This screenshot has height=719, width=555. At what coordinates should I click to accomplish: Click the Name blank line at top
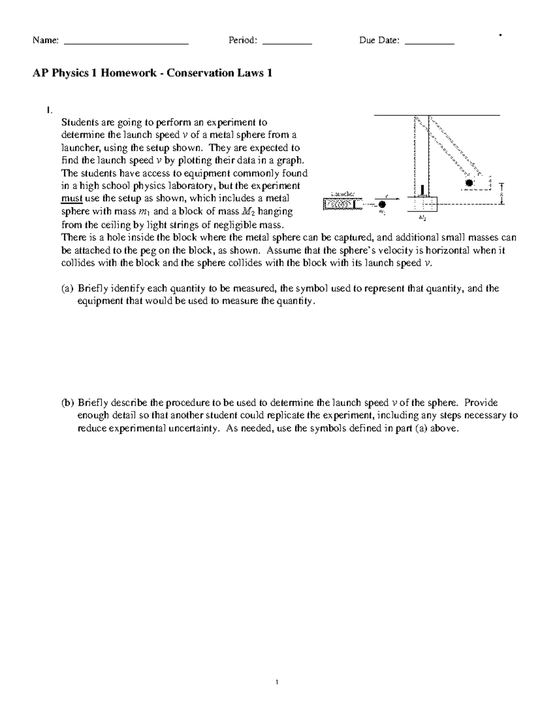point(126,43)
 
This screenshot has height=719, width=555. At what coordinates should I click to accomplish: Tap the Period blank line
point(287,43)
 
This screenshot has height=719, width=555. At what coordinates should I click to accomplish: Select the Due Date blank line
point(430,43)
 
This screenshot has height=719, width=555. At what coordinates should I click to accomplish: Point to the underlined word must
point(72,199)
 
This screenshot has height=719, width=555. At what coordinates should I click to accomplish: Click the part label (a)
point(67,288)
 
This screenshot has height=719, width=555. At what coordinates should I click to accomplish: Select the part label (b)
point(67,402)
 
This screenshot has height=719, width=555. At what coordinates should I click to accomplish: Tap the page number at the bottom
point(277,681)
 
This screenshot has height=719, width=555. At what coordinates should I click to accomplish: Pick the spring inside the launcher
point(338,204)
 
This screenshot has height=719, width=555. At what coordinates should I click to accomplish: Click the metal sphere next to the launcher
point(382,204)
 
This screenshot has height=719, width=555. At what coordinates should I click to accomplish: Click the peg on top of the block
point(422,191)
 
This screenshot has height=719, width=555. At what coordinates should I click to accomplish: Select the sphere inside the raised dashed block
point(469,183)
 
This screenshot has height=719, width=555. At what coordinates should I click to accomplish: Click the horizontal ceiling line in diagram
point(437,114)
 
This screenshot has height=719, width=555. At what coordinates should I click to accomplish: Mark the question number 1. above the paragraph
point(49,110)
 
